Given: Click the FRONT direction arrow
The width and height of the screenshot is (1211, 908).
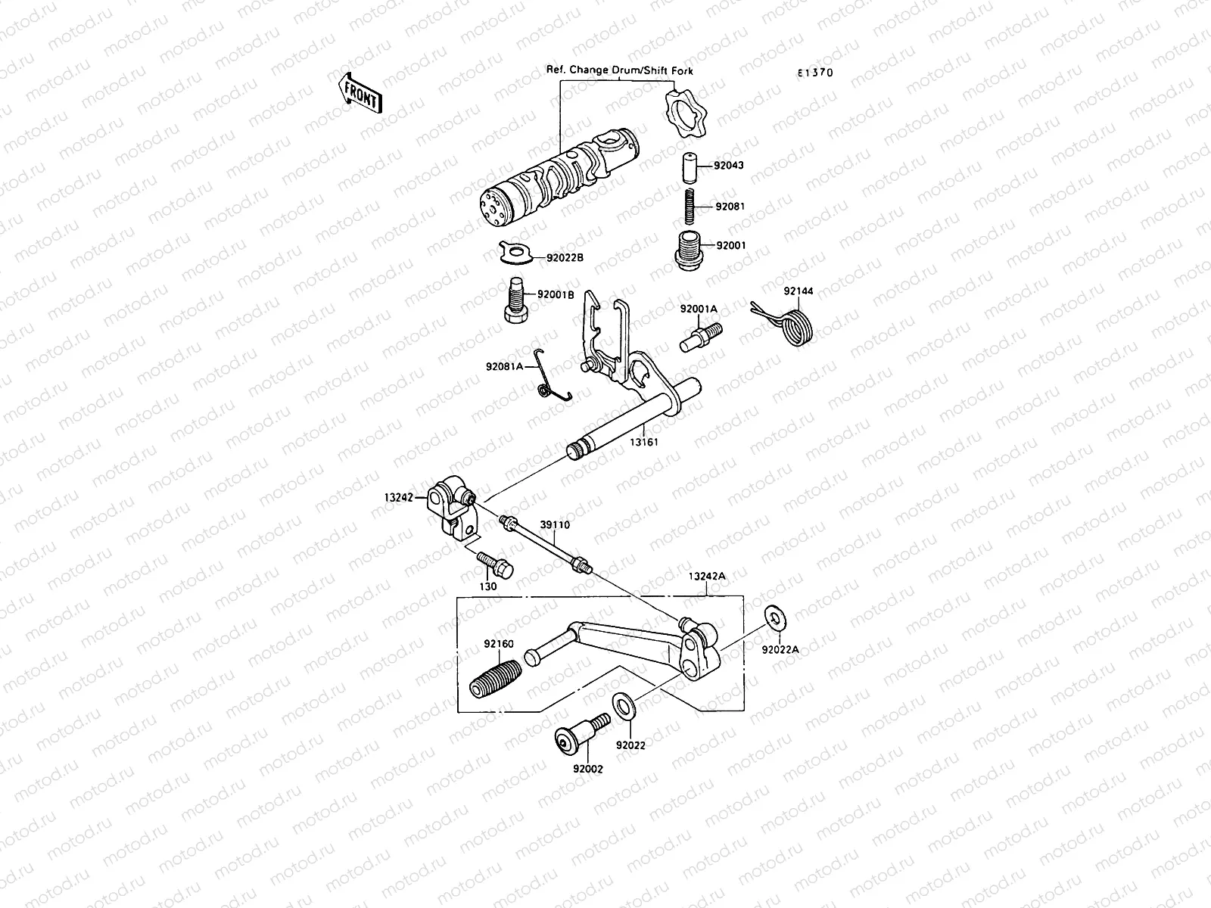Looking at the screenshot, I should [x=361, y=92].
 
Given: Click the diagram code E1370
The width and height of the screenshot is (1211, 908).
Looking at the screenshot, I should [x=815, y=73].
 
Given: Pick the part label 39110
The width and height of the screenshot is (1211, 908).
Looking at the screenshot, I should [x=555, y=524].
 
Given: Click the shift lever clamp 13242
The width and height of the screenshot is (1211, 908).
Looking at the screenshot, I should [x=452, y=508].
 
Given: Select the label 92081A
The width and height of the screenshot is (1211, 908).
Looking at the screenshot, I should [x=505, y=367].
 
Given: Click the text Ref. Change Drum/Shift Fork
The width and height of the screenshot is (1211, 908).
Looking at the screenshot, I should [x=619, y=70].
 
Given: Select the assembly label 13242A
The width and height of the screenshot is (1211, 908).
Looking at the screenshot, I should [x=707, y=575].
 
